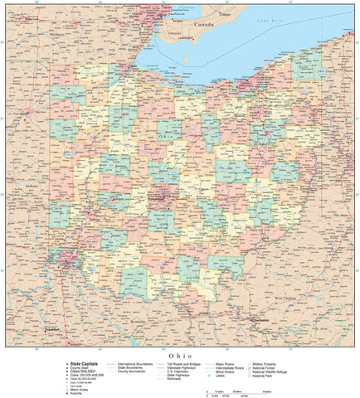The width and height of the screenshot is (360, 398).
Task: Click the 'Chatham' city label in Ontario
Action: point(225,14)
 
